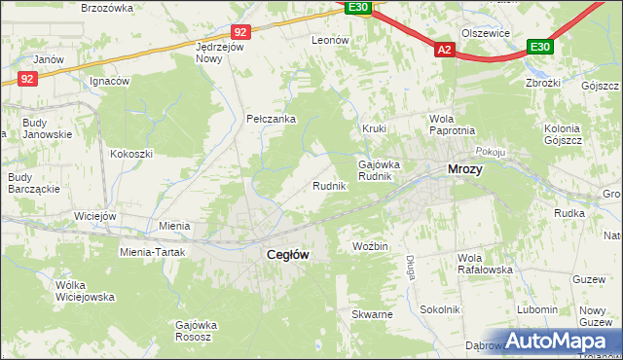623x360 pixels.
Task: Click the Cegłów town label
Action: (x=288, y=254)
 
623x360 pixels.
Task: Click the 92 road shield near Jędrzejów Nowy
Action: (x=241, y=31)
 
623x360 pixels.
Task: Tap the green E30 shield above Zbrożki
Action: (x=540, y=46)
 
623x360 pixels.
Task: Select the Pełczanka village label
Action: (x=271, y=120)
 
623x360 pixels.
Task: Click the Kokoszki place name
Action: (x=131, y=154)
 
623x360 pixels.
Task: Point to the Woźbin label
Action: (x=371, y=247)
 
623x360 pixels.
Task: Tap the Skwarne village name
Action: (x=373, y=315)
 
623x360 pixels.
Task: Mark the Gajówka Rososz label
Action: (x=194, y=331)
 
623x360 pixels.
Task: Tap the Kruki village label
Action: (x=375, y=128)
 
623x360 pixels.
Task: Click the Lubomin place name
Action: (x=537, y=309)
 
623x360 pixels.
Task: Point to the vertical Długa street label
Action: (x=411, y=266)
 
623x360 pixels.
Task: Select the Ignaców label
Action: (x=109, y=82)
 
